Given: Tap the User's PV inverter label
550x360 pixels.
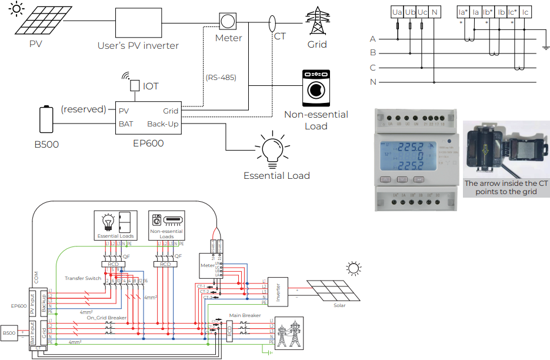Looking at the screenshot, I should click(x=138, y=45).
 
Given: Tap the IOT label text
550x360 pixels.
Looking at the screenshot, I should click(x=151, y=86).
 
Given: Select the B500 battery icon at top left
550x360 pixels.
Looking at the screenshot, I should click(x=45, y=120).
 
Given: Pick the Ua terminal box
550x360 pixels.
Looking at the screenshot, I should click(x=398, y=12).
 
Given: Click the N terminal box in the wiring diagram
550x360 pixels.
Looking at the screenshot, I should click(x=434, y=12).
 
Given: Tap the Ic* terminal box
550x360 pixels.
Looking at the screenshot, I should click(x=512, y=12).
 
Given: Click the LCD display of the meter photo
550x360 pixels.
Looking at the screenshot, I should click(x=409, y=157).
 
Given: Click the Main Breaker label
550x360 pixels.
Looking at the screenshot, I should click(x=245, y=316).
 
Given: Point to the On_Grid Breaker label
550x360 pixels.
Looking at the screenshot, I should click(x=106, y=318).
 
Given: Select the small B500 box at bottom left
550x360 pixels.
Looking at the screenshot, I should click(x=9, y=334).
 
